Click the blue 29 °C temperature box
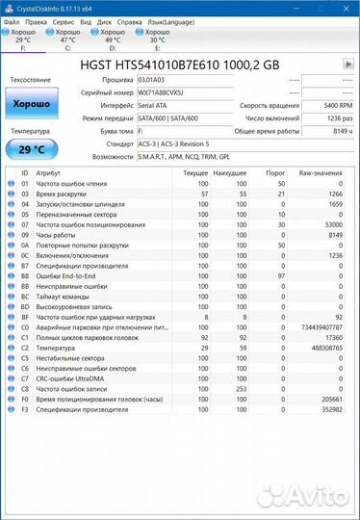32,149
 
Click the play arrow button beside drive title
347,64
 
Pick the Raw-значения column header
321,171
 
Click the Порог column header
275,171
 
